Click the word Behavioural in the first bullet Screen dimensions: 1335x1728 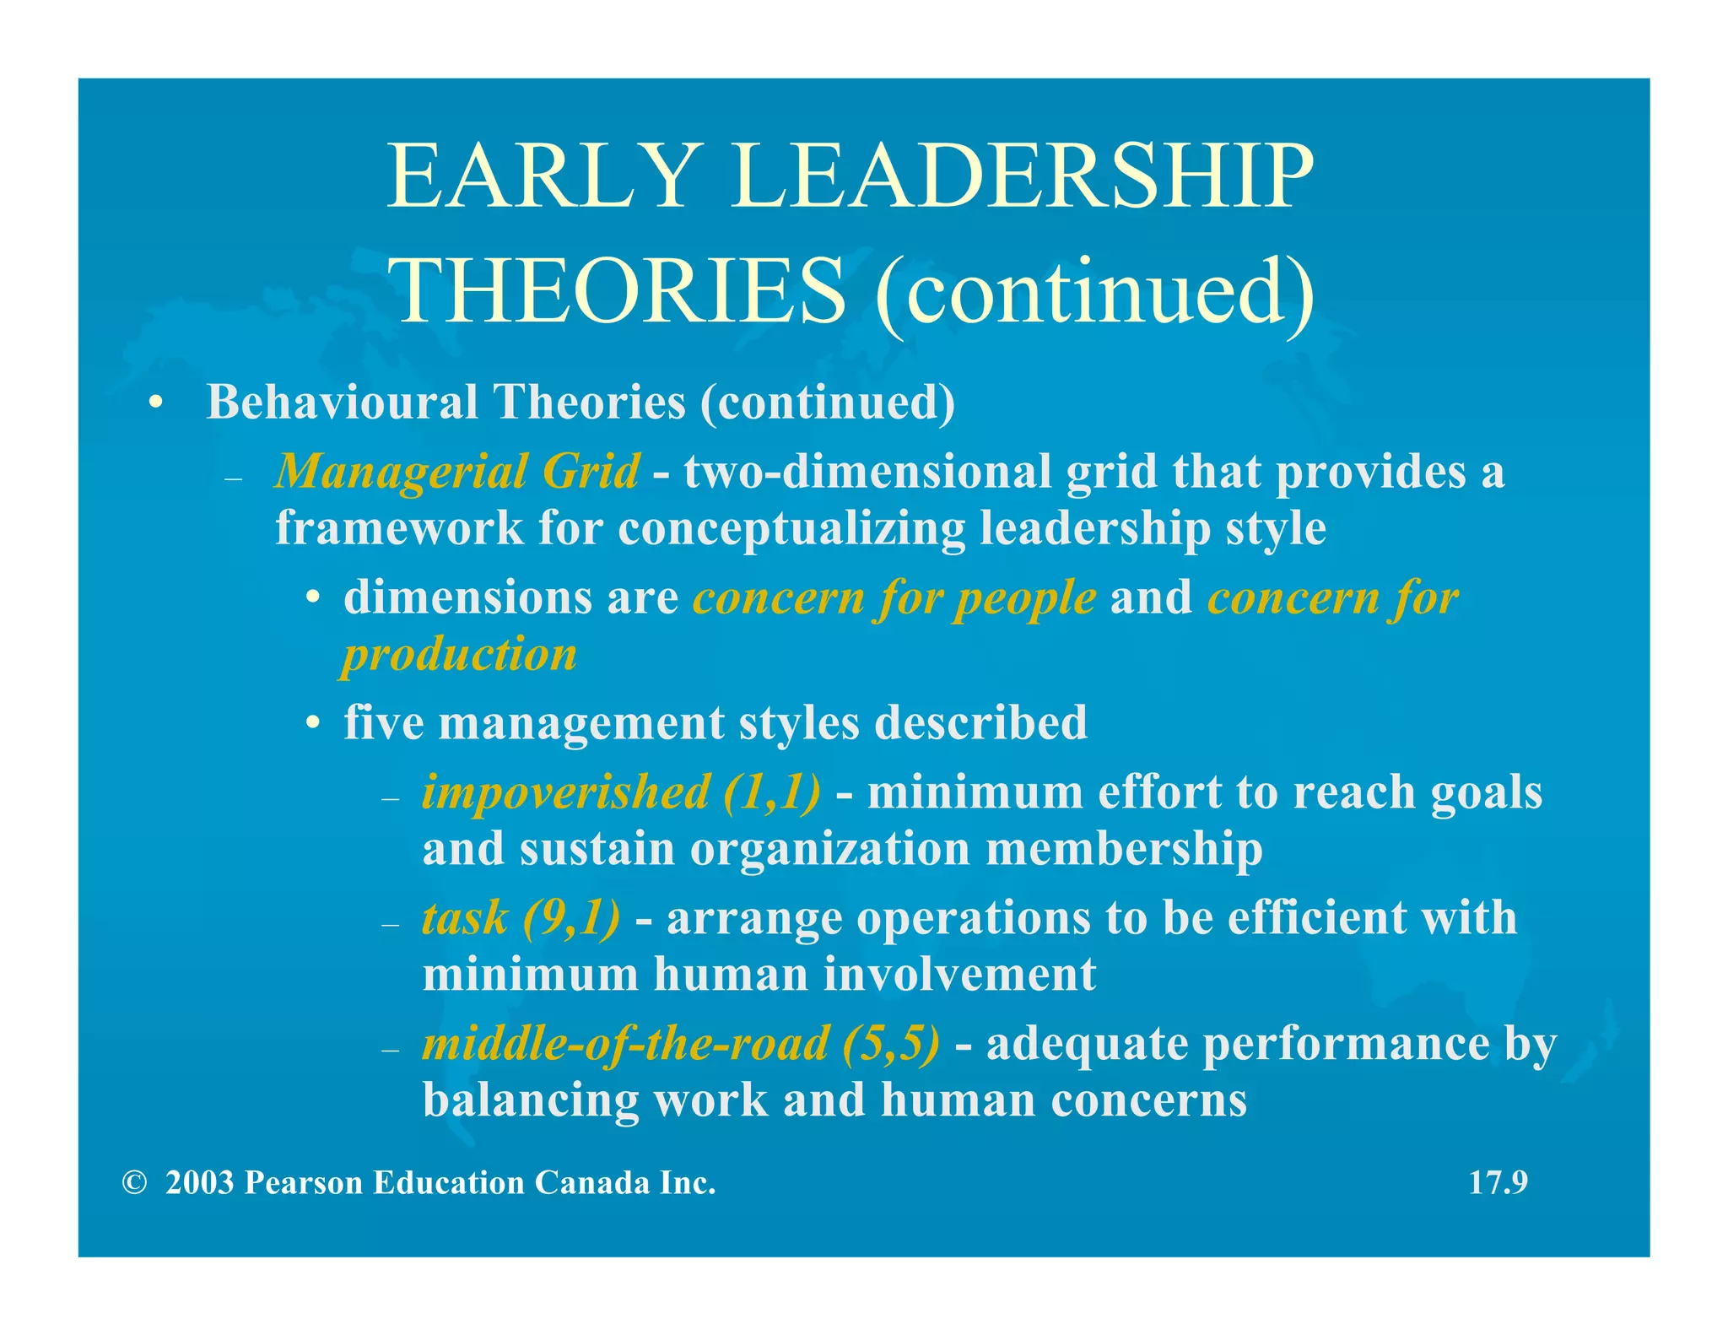pyautogui.click(x=342, y=402)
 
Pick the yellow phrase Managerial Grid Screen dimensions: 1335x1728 pyautogui.click(x=456, y=471)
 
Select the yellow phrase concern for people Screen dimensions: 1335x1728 pyautogui.click(x=894, y=598)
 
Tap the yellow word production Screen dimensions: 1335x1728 pyautogui.click(x=460, y=655)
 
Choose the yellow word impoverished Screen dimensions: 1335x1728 pyautogui.click(x=565, y=792)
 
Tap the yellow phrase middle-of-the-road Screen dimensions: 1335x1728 pyautogui.click(x=625, y=1044)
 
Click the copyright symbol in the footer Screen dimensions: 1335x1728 pyautogui.click(x=134, y=1183)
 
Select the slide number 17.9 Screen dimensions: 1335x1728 pyautogui.click(x=1498, y=1183)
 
